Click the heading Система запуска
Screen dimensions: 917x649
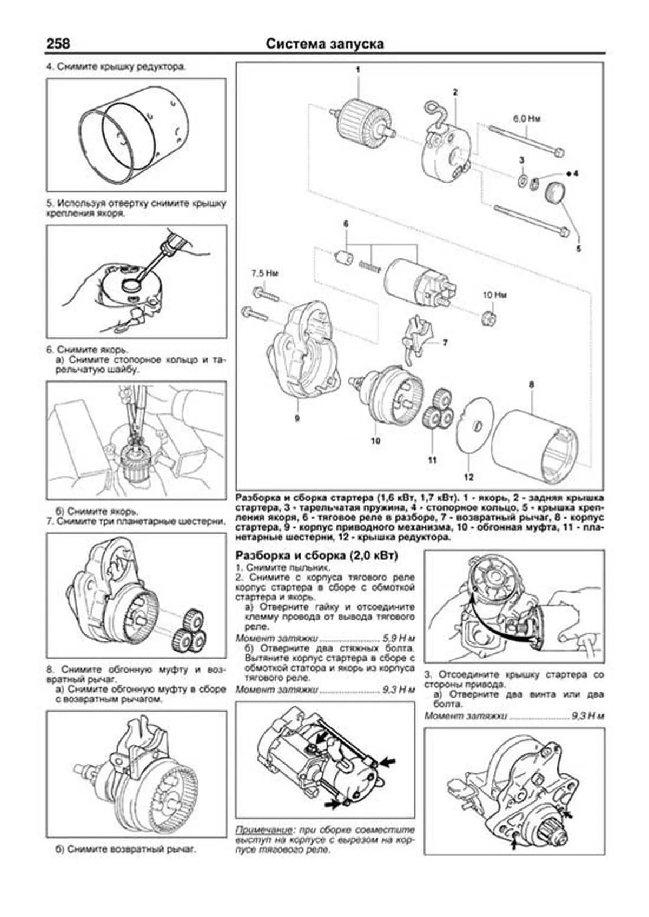325,44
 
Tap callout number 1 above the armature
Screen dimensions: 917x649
357,70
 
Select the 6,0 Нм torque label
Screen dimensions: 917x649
526,118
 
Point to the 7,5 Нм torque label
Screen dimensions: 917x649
264,274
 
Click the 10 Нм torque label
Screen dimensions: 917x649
494,295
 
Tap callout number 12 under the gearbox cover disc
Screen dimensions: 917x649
468,477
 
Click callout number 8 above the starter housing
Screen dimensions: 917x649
532,385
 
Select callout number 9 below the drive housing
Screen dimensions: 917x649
297,418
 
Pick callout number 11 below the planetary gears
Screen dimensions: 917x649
432,460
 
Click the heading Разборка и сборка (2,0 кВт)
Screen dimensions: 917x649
317,555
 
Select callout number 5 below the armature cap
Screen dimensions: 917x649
578,249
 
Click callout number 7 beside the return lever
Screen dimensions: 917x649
445,343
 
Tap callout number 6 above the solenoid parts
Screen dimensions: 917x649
346,224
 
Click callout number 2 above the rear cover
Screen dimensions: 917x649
455,92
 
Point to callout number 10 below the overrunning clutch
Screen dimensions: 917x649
375,440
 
